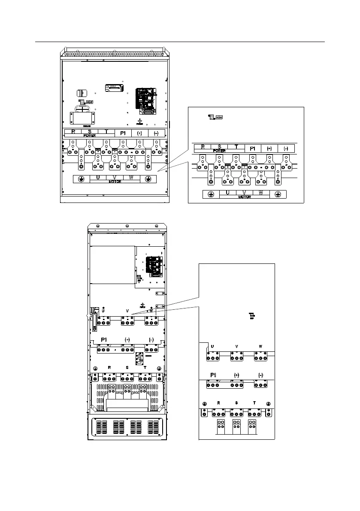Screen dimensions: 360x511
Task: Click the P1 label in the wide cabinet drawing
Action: pos(123,133)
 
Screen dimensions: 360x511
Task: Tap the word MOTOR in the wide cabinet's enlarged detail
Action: pos(244,197)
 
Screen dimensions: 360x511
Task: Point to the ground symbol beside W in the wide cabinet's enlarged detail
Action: pos(278,194)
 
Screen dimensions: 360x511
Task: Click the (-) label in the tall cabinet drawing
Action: pos(151,339)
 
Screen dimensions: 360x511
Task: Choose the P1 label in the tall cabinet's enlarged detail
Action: pos(213,375)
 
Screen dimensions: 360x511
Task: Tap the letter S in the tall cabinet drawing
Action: pos(127,368)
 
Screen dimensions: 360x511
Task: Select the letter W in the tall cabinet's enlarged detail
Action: pos(260,346)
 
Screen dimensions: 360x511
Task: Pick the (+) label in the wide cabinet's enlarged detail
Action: pos(269,148)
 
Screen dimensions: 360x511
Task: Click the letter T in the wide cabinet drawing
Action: pos(106,132)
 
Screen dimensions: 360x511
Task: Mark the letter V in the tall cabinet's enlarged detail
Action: pos(237,346)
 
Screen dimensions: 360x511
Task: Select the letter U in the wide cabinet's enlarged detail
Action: pos(228,193)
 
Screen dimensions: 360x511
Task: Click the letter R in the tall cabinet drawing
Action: pos(109,368)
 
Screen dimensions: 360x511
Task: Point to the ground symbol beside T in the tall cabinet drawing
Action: pos(159,368)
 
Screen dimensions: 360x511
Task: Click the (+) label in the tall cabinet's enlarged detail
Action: pos(236,375)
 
